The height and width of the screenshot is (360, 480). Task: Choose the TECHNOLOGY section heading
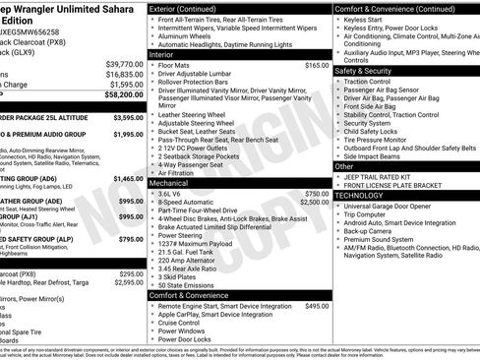coord(360,195)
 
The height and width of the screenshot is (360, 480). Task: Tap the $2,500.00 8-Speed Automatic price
coord(314,203)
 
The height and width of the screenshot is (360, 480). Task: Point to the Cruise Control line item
coord(187,323)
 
